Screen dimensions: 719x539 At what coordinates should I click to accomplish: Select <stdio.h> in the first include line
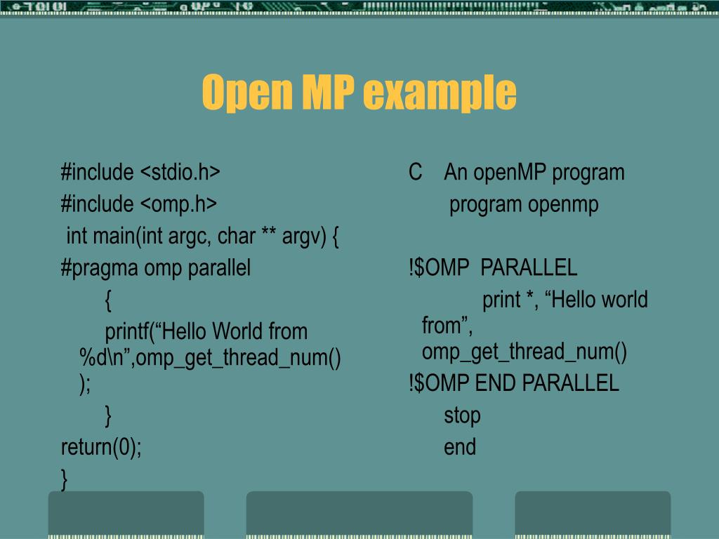coord(180,172)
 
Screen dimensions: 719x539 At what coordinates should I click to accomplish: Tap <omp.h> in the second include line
coord(178,204)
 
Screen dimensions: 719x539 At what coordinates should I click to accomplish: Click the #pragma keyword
coord(100,268)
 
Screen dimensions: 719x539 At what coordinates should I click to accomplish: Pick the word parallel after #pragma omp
coord(218,268)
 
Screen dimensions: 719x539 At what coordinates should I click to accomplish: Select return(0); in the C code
coord(101,447)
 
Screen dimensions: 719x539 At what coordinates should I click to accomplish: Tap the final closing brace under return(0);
coord(65,479)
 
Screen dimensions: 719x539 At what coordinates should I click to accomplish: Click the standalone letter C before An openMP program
coord(416,172)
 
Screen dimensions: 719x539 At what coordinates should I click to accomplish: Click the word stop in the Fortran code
coord(462,415)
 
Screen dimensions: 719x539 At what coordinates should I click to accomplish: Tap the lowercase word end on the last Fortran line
coord(460,447)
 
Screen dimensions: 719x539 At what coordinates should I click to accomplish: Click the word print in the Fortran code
coord(501,300)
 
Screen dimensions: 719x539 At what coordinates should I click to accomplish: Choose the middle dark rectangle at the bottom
coord(359,514)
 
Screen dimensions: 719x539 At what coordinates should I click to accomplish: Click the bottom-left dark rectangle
coord(126,514)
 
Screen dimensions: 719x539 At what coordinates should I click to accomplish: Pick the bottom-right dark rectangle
coord(593,514)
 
